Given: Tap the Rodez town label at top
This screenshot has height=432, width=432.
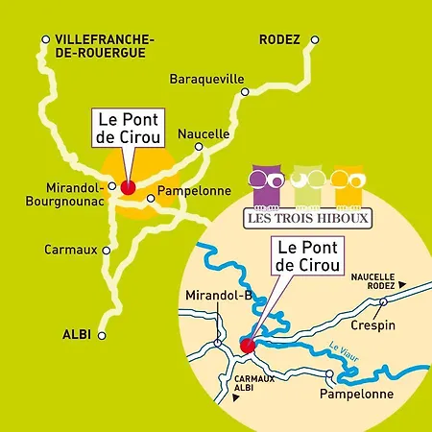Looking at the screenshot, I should tap(280, 39).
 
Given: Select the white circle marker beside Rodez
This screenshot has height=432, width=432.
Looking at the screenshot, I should tap(314, 40).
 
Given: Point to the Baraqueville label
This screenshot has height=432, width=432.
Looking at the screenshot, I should tap(206, 79).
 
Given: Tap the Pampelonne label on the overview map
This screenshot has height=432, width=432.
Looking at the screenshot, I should tap(187, 190).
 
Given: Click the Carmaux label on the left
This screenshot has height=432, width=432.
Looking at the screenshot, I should tap(70, 249).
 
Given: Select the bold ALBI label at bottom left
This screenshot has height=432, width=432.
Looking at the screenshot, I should tap(75, 333).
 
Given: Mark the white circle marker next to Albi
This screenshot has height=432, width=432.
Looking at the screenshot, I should tap(103, 334).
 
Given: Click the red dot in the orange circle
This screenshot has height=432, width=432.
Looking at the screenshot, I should tap(127, 187).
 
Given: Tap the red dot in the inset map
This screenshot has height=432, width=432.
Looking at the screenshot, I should tap(246, 345).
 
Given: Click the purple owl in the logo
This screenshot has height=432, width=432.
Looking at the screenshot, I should tap(264, 182).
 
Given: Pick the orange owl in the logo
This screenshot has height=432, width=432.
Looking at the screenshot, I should tap(346, 185).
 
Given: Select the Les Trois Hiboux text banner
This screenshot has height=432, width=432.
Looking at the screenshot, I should tap(308, 216).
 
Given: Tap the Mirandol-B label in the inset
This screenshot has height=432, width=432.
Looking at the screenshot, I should tap(218, 295).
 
